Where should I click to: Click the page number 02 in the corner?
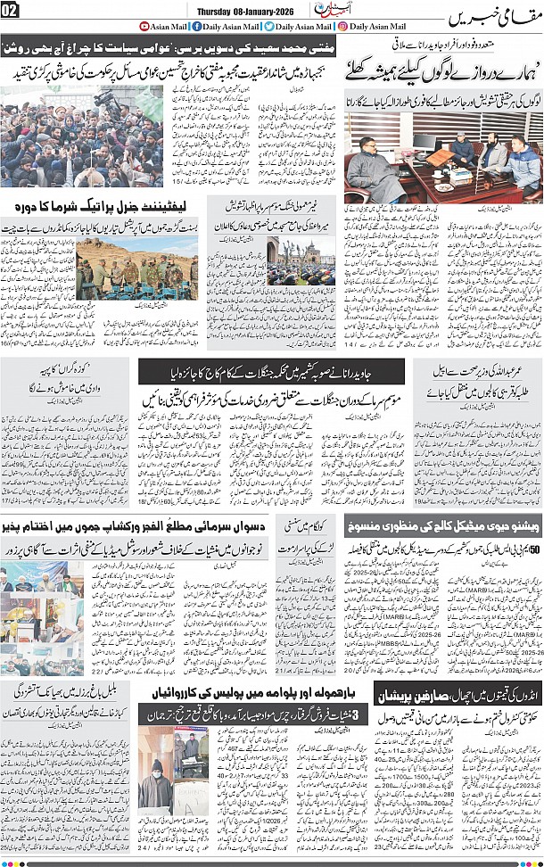(10, 10)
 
